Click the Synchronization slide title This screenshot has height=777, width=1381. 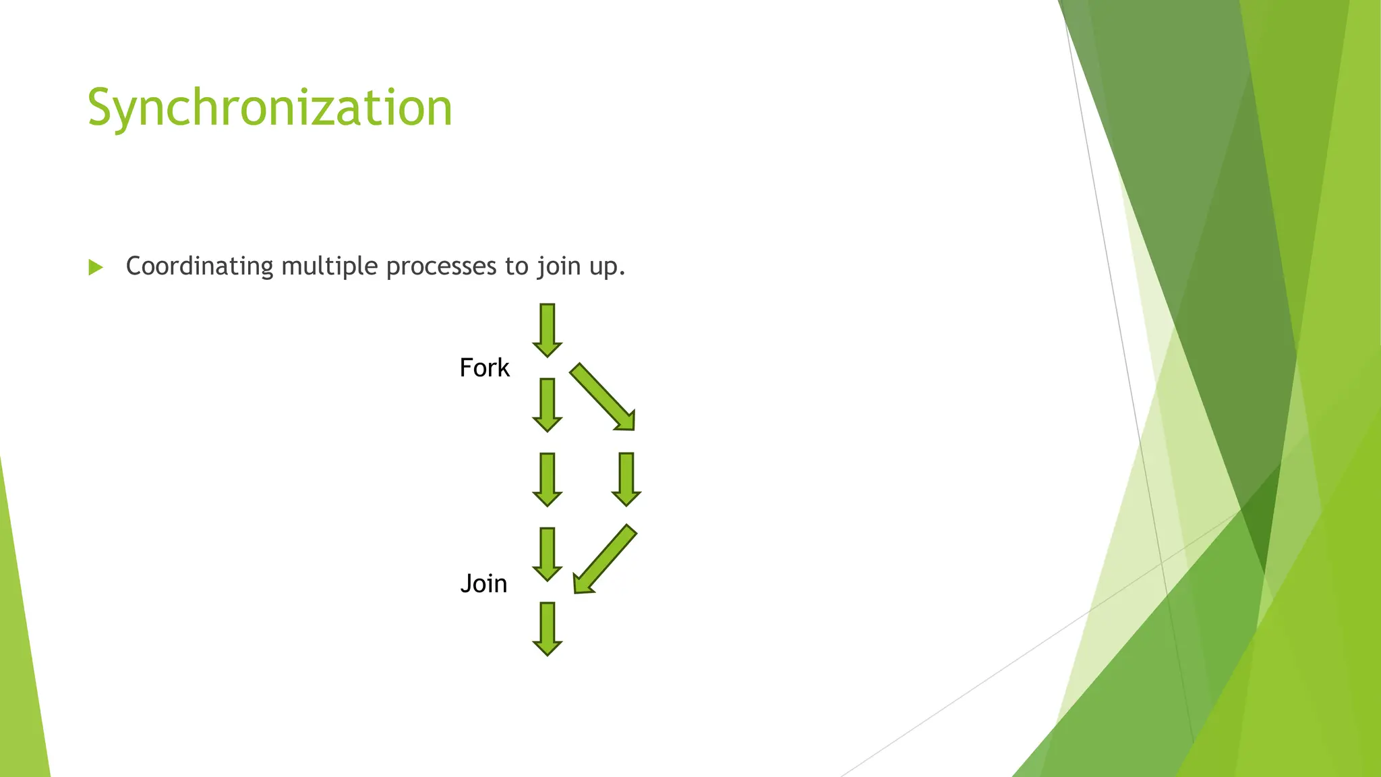(x=270, y=108)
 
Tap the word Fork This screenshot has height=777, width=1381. (x=484, y=368)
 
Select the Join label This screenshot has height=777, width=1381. (x=483, y=583)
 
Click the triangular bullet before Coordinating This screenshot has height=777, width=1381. (x=96, y=268)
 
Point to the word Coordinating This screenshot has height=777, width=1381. (x=200, y=266)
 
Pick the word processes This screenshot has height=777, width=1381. (x=442, y=266)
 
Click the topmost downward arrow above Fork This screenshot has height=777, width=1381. (x=547, y=330)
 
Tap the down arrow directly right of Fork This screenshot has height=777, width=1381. (x=547, y=405)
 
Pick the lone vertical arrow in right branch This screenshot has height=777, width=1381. (x=626, y=479)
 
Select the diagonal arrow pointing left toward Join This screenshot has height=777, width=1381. (x=604, y=560)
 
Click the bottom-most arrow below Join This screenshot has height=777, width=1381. (x=547, y=629)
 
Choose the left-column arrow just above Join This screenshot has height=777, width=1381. (x=547, y=554)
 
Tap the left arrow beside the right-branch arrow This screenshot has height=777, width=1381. (x=547, y=479)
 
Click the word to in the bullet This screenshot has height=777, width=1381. (x=517, y=266)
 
